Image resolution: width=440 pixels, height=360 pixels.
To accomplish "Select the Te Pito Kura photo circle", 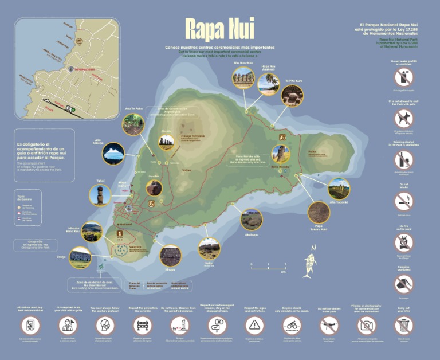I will [292, 95].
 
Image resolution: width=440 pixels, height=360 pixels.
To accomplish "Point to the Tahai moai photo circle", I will [100, 195].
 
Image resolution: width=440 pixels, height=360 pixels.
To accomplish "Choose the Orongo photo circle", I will [80, 257].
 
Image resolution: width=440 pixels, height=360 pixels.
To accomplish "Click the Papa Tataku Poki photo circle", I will [319, 212].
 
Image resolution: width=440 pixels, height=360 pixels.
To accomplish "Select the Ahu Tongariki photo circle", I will [339, 188].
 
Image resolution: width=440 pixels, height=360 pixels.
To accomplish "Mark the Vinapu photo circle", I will [170, 255].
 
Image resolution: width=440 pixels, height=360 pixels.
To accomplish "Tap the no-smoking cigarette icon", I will [403, 201].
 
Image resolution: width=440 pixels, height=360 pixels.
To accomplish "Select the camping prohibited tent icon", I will [403, 283].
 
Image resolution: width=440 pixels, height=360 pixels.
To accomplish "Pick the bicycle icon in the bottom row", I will [292, 326].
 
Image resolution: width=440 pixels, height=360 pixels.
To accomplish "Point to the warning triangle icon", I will [254, 326].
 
